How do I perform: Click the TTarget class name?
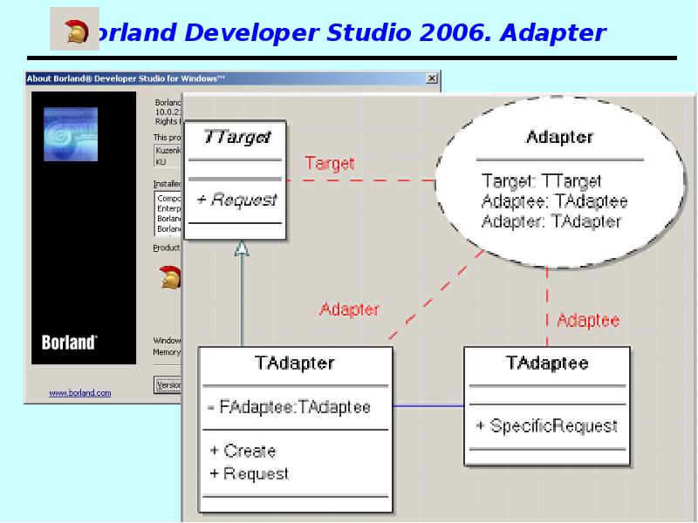click(x=236, y=138)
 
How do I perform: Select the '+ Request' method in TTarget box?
click(x=236, y=200)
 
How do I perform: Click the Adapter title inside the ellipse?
click(x=559, y=137)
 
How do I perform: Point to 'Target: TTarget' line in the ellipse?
click(x=541, y=181)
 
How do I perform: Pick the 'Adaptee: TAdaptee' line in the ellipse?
click(x=554, y=201)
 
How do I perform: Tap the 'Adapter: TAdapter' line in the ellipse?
click(x=551, y=221)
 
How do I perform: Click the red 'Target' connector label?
click(x=330, y=163)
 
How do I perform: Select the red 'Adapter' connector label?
click(x=349, y=309)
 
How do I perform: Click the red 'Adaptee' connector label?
click(x=588, y=320)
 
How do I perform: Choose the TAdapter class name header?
click(x=294, y=363)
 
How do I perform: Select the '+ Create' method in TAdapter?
click(x=243, y=451)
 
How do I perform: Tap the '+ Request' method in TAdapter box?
click(x=249, y=473)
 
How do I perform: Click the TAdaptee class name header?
click(x=546, y=363)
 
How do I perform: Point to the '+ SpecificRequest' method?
click(x=547, y=426)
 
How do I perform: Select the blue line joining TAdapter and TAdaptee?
click(x=427, y=406)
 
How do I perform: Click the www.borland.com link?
click(x=79, y=393)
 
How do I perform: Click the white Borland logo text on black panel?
click(x=69, y=343)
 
